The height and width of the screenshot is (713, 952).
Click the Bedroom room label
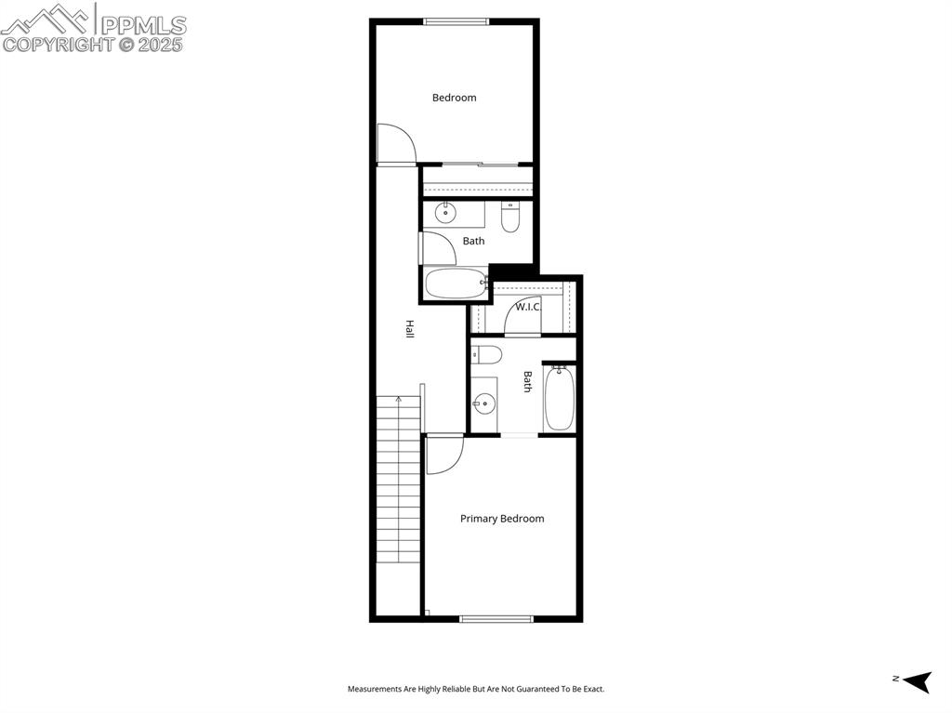coord(454,98)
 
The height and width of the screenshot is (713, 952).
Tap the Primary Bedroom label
coord(502,519)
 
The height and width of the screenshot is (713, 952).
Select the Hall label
coord(409,328)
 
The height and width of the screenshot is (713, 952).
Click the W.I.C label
coord(527,307)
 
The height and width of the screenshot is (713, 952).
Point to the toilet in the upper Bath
coord(510,218)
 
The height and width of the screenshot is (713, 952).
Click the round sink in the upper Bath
coord(446,213)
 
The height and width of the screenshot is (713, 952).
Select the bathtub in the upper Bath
coord(456,284)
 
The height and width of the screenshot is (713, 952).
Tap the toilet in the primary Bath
coord(486,354)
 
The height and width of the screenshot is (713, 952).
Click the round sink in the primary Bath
coord(483,404)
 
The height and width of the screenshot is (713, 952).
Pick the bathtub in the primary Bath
coord(560,398)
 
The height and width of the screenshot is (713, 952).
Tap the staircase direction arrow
coord(399,401)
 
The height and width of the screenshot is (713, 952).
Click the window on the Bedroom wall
coord(456,21)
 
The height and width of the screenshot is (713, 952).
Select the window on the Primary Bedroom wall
coord(496,618)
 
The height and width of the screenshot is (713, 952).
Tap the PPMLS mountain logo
coord(46,19)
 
